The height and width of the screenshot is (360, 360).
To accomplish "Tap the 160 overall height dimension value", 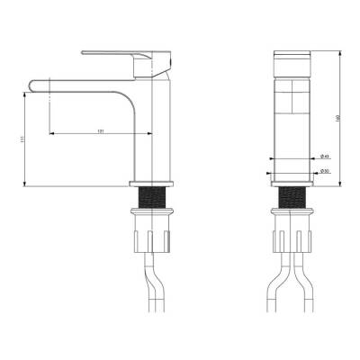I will pyautogui.click(x=338, y=117).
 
